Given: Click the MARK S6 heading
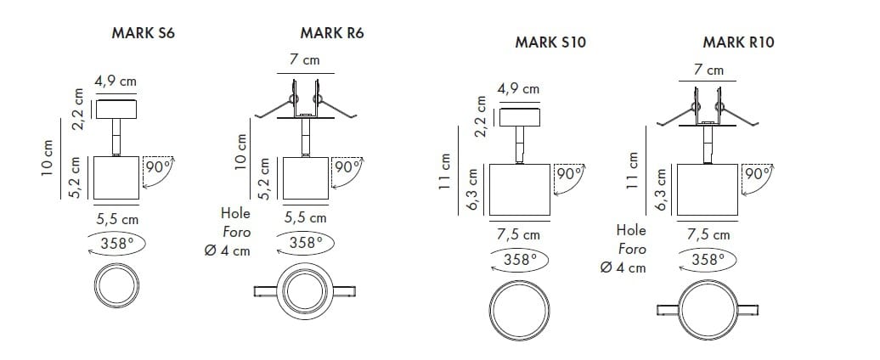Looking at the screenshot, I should pyautogui.click(x=137, y=35).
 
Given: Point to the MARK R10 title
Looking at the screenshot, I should pyautogui.click(x=738, y=41).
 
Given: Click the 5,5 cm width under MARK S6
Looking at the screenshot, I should pyautogui.click(x=117, y=219).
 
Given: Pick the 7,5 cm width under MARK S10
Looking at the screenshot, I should pyautogui.click(x=518, y=234).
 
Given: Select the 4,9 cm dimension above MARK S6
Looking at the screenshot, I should pyautogui.click(x=116, y=82).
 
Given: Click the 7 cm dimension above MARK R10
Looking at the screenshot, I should pyautogui.click(x=708, y=70).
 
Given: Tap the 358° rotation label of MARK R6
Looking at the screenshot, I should pyautogui.click(x=306, y=242).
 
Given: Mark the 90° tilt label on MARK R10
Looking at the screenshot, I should pyautogui.click(x=755, y=174).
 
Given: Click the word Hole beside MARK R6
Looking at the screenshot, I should pyautogui.click(x=235, y=214).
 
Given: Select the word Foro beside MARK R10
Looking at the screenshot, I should pyautogui.click(x=631, y=249).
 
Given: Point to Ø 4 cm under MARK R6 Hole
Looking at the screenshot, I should pyautogui.click(x=228, y=250).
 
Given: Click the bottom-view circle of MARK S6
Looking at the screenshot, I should pyautogui.click(x=116, y=286).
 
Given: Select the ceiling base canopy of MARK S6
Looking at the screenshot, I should pyautogui.click(x=116, y=109).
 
